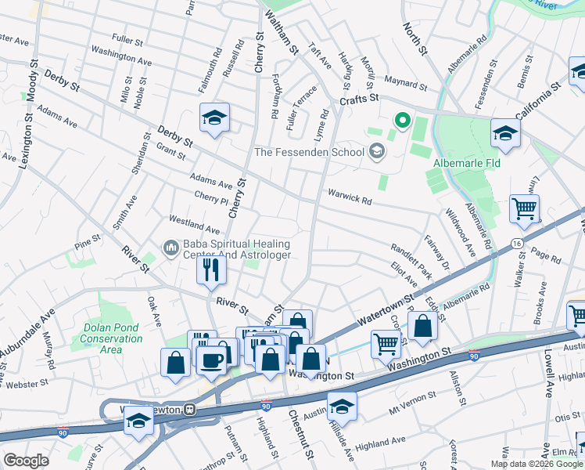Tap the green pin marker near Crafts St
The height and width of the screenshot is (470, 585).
[x=403, y=120]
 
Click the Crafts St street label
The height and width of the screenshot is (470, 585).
[x=359, y=98]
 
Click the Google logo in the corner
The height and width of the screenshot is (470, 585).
[x=26, y=461]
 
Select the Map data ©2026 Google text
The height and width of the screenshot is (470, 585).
[x=537, y=464]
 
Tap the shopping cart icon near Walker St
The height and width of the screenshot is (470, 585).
[x=524, y=208]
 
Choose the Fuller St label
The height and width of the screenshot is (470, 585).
[x=127, y=38]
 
